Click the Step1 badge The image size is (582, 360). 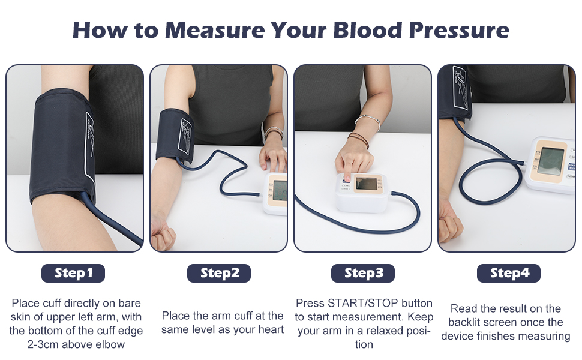point(73,273)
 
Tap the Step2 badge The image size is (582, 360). point(219,273)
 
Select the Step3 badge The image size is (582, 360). point(363,273)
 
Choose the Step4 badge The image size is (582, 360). point(509,273)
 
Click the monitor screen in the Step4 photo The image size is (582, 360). point(550,160)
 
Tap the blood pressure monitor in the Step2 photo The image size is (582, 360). point(276,192)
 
